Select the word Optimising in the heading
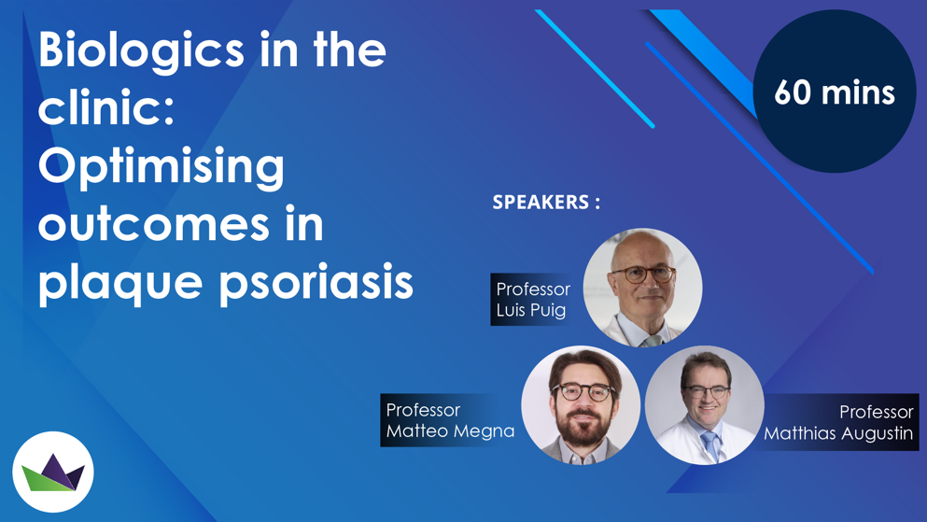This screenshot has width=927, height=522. (162, 168)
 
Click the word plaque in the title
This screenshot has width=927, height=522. (120, 285)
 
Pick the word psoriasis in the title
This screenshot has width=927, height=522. (316, 285)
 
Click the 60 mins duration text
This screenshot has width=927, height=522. (835, 92)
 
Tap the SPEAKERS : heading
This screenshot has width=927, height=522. (546, 203)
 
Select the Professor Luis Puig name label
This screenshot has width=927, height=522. (531, 299)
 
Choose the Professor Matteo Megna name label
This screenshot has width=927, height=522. (450, 420)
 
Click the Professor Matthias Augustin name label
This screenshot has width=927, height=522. (837, 422)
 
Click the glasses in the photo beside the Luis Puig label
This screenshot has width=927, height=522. (643, 275)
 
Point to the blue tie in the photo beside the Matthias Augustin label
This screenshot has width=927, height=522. (710, 445)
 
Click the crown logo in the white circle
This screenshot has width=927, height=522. (53, 473)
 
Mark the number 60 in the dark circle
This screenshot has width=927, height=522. (793, 92)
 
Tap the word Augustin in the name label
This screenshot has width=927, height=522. (878, 433)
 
